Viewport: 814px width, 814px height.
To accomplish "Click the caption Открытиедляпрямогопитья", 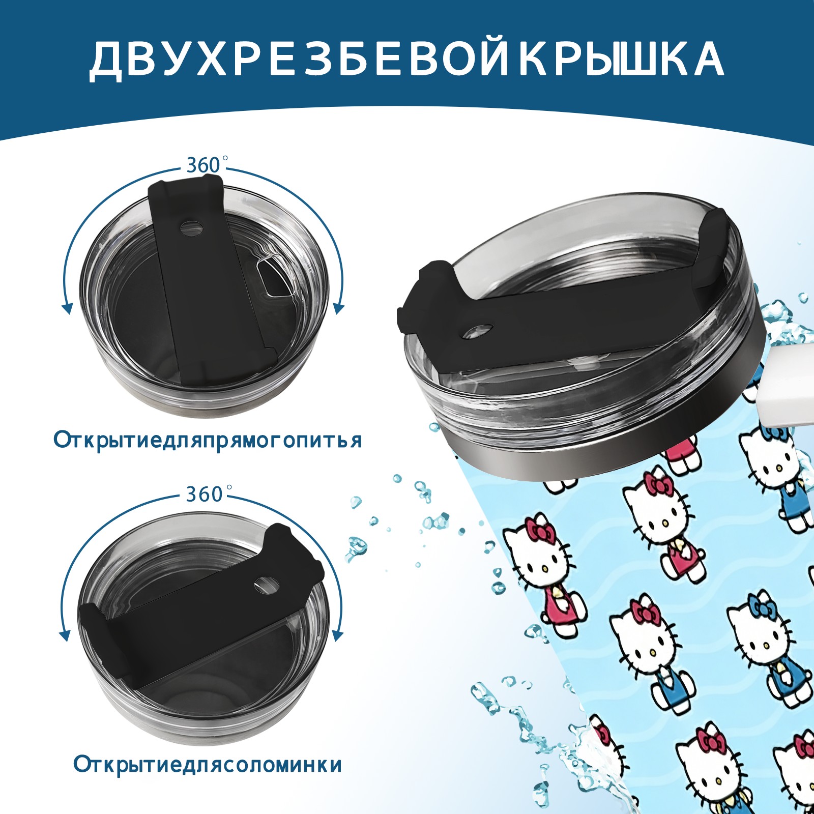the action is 208,440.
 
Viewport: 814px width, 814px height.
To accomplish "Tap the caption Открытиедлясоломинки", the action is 208,765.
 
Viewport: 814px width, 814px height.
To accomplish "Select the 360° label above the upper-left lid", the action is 205,166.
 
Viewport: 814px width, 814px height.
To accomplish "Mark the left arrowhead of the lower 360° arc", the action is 65,636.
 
